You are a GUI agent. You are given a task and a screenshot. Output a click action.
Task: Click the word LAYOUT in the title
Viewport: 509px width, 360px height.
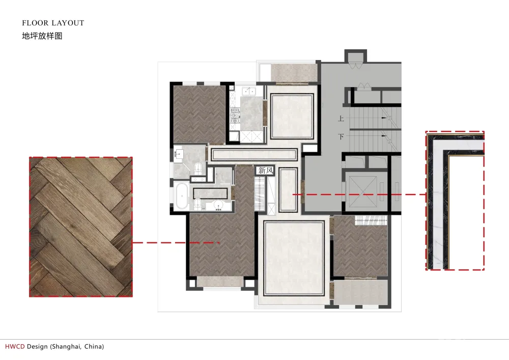(x=68, y=23)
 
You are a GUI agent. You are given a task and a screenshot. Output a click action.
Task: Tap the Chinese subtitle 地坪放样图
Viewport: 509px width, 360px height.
(x=42, y=36)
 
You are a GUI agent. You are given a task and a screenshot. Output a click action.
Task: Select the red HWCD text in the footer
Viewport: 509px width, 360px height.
(x=15, y=346)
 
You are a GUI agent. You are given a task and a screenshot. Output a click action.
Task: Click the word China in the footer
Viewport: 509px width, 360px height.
(x=93, y=347)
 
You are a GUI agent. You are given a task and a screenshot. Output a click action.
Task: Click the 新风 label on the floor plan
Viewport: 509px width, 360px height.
(x=266, y=170)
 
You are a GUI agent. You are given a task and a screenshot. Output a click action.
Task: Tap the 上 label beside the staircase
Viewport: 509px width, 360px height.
(x=341, y=119)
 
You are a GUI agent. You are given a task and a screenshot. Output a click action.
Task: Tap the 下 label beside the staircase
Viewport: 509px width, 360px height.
(x=341, y=136)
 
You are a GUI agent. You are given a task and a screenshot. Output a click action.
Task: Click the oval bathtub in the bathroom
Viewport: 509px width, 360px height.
(x=182, y=196)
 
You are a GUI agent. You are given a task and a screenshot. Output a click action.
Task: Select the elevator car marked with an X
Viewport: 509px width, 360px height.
(x=363, y=192)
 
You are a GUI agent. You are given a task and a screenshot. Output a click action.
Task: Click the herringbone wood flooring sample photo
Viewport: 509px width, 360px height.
(x=81, y=227)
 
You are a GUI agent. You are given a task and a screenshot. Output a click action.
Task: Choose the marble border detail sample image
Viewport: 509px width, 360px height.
(x=455, y=201)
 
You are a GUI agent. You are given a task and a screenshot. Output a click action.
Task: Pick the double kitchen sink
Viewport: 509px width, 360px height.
(x=249, y=91)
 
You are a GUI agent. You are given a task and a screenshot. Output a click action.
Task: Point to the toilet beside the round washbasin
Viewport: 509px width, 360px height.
(x=197, y=204)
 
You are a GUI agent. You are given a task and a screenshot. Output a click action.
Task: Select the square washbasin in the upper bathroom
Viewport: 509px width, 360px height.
(x=179, y=152)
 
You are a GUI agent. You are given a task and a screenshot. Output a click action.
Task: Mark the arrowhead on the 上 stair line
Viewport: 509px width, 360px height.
(x=384, y=118)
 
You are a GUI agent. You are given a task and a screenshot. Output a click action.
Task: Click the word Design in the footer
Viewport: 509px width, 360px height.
(x=37, y=347)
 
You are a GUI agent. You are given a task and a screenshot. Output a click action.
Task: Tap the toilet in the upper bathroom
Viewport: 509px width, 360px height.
(x=198, y=168)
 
